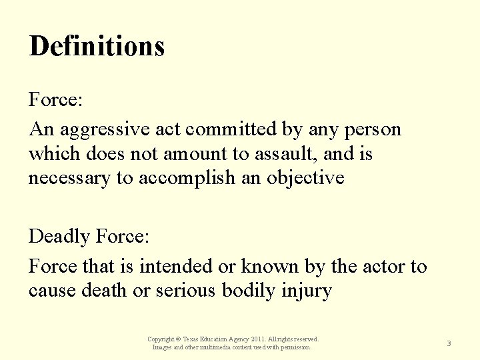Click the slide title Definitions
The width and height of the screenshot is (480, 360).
[x=97, y=46]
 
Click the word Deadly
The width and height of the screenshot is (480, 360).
[x=59, y=236]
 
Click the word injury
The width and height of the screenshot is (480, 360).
[x=316, y=291]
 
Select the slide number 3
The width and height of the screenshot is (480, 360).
[x=449, y=343]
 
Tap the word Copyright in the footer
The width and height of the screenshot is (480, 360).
[x=161, y=339]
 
